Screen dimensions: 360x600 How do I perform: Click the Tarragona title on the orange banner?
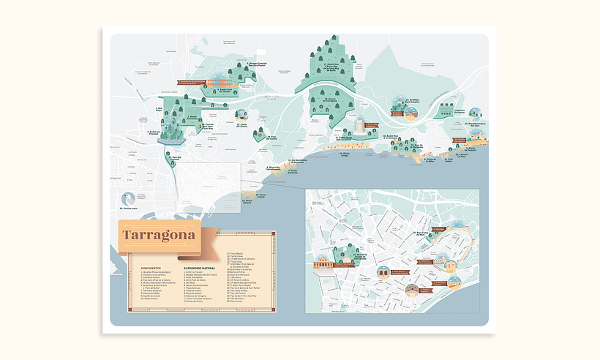(x=159, y=236)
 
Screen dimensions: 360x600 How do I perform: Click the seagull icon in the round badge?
(x=130, y=198)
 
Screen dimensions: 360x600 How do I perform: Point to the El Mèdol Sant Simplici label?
(x=414, y=100)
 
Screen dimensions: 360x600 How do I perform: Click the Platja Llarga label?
(x=345, y=154)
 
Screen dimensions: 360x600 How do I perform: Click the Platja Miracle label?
(x=249, y=197)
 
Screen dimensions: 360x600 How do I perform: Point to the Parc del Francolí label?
(x=173, y=157)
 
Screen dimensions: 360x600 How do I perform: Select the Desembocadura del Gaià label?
(x=476, y=124)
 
